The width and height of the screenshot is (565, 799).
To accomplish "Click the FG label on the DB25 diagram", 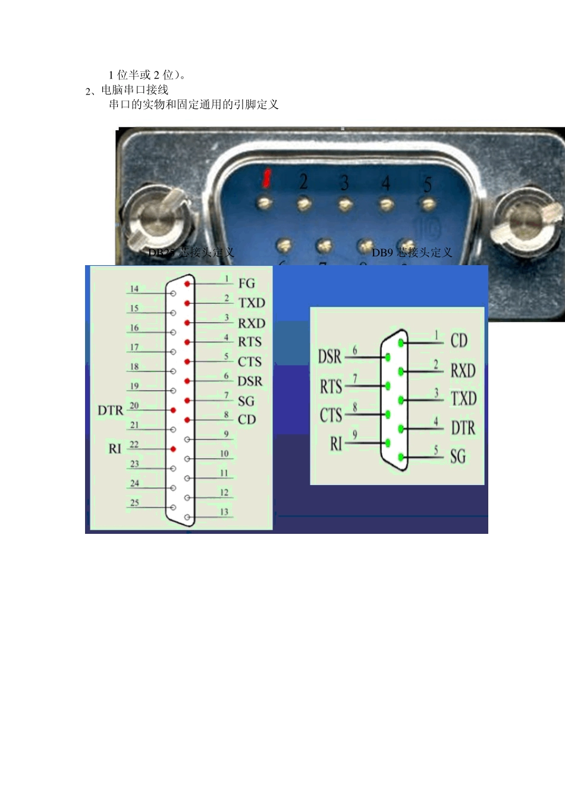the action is click(246, 284).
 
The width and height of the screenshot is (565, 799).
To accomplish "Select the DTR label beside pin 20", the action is click(110, 410).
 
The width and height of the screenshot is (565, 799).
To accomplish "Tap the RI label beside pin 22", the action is click(115, 448).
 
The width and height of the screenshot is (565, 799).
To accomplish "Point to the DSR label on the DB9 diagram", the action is click(329, 357).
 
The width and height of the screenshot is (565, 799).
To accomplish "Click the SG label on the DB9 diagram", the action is click(457, 457).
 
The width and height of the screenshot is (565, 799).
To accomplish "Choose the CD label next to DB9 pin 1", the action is click(459, 341).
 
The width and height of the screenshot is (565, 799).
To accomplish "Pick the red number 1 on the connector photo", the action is click(267, 177).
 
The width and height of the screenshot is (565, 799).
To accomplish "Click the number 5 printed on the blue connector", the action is click(427, 185).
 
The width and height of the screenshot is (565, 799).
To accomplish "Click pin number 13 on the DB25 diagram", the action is click(224, 512).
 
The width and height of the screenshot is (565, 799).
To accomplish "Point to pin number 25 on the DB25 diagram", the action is click(134, 502).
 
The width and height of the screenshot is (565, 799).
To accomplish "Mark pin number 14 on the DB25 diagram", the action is click(134, 289).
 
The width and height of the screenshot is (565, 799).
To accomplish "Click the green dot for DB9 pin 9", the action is click(388, 443).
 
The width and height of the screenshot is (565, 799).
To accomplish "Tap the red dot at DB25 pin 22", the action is click(173, 449).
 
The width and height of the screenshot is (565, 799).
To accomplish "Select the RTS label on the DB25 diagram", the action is click(249, 342).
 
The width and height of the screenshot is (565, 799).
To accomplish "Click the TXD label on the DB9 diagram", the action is click(463, 398).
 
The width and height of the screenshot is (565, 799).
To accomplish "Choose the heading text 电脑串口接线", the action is click(135, 90).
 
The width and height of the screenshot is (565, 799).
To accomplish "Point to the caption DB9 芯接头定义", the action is click(412, 253).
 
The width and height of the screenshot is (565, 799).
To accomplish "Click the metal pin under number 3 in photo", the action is click(346, 204).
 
